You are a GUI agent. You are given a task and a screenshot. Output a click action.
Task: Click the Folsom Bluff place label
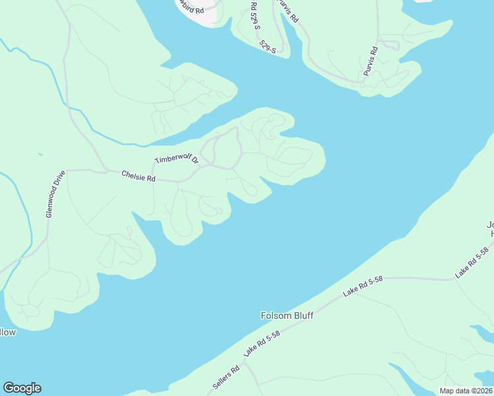click(286, 316)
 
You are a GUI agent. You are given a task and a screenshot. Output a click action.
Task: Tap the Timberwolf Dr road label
click(177, 156)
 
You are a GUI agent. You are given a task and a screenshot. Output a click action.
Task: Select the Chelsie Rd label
click(138, 177)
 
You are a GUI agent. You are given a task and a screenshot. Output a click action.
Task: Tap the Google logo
click(22, 388)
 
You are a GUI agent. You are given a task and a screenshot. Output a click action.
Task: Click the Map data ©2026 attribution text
click(466, 391)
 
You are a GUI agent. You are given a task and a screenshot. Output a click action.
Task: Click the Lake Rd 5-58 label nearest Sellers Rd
click(262, 344)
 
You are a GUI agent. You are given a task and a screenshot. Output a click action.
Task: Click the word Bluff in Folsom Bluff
click(302, 316)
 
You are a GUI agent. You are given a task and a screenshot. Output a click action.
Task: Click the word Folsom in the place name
click(274, 316)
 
